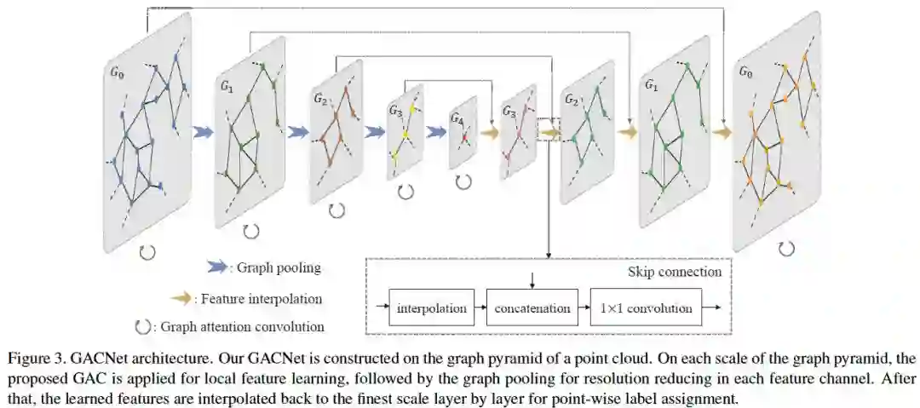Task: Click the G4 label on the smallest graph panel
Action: tap(457, 118)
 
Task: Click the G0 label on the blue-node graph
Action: tap(117, 74)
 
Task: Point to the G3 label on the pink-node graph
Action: tap(509, 111)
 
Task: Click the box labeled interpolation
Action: tap(432, 308)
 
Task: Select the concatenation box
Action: tap(532, 308)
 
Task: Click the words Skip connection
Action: tap(675, 273)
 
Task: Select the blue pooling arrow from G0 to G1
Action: tap(203, 132)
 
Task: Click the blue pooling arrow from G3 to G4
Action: tap(436, 132)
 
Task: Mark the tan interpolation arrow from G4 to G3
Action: tap(489, 132)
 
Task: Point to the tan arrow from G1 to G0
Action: tap(722, 132)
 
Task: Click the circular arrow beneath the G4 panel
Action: tap(463, 181)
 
